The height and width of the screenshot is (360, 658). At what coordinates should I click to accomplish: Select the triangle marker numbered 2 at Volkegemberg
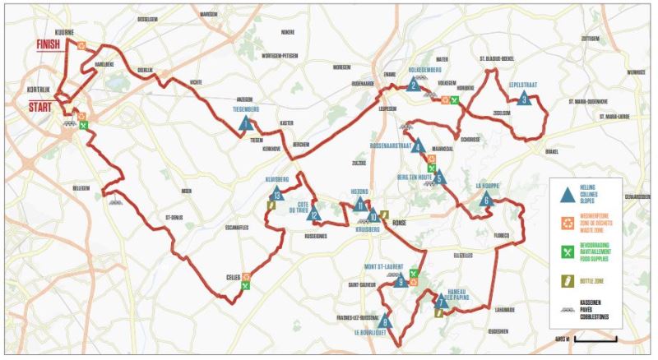click(x=415, y=83)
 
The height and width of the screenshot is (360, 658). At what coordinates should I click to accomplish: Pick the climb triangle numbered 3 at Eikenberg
click(x=524, y=99)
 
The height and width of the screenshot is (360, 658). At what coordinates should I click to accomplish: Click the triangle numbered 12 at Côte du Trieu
click(x=314, y=216)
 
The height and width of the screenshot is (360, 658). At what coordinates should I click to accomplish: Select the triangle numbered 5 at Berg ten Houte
click(x=439, y=177)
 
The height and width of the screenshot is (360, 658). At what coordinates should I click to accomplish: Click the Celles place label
click(x=233, y=277)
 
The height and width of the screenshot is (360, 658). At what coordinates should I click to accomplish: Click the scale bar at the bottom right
click(x=590, y=338)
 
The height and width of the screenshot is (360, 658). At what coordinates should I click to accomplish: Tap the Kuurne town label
click(x=53, y=30)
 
